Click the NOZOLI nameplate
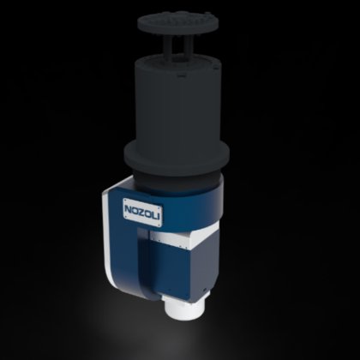[x=142, y=212]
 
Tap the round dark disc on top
[x=178, y=22]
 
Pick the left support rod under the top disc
[x=168, y=49]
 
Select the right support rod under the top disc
[x=188, y=49]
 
